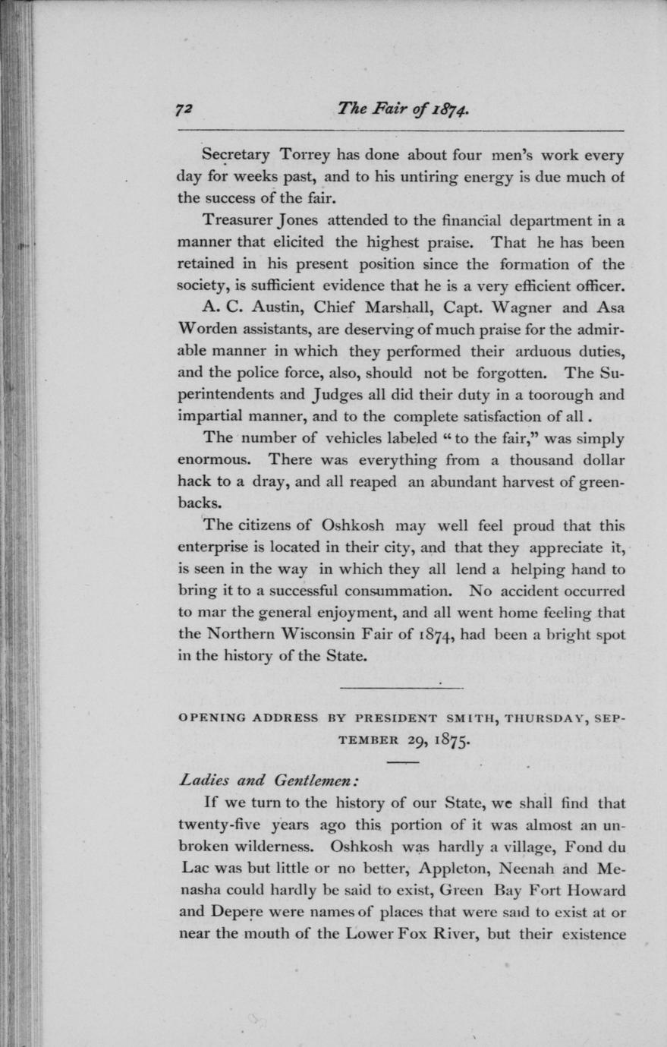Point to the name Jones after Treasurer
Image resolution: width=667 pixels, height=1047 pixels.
pyautogui.click(x=298, y=221)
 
